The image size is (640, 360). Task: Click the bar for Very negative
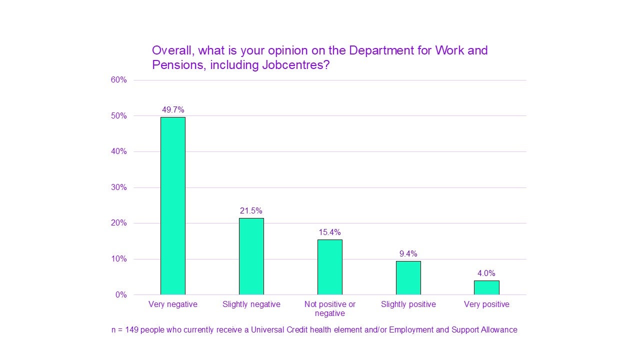click(x=172, y=205)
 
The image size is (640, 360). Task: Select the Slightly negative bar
click(x=251, y=256)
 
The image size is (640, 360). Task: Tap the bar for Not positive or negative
click(x=329, y=267)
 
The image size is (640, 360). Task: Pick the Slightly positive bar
click(x=408, y=277)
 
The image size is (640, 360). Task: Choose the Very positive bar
click(x=486, y=287)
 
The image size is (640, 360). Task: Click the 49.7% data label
click(x=173, y=110)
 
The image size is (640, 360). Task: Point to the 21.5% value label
click(x=251, y=211)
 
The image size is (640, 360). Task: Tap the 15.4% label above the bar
click(x=329, y=232)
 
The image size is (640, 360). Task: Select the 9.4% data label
click(x=408, y=254)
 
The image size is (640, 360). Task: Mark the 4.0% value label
click(x=486, y=273)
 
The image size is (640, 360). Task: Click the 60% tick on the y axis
click(x=119, y=80)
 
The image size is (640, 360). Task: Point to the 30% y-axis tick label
click(x=119, y=187)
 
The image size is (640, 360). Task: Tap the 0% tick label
click(x=121, y=295)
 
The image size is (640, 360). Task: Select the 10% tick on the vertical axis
click(x=119, y=259)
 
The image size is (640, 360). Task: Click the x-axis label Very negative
click(x=173, y=304)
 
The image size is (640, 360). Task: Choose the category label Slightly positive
click(x=408, y=304)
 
